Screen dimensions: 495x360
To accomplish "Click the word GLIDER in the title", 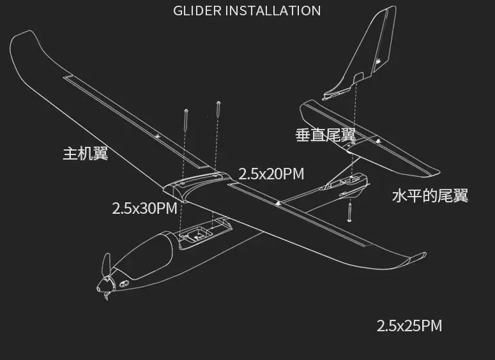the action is point(197,11).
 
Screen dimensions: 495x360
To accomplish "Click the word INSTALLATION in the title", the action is point(273,11).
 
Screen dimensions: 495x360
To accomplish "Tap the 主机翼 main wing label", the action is point(86,154).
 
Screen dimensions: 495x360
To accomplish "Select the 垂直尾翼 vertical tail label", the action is point(326,135).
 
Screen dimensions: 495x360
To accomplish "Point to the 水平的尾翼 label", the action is point(430,195).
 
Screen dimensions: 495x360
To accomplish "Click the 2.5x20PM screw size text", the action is point(271,174).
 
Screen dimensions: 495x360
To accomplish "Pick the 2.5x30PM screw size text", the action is point(144,208).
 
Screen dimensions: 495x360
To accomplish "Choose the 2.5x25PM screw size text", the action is point(409,326).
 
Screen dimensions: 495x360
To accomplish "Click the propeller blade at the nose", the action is point(107,264).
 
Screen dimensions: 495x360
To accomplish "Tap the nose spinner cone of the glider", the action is point(103,285).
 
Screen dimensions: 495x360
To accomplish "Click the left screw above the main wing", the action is point(186,119).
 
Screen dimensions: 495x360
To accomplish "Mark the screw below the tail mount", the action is point(349,213).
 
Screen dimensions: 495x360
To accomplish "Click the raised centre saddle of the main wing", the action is point(198,184).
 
